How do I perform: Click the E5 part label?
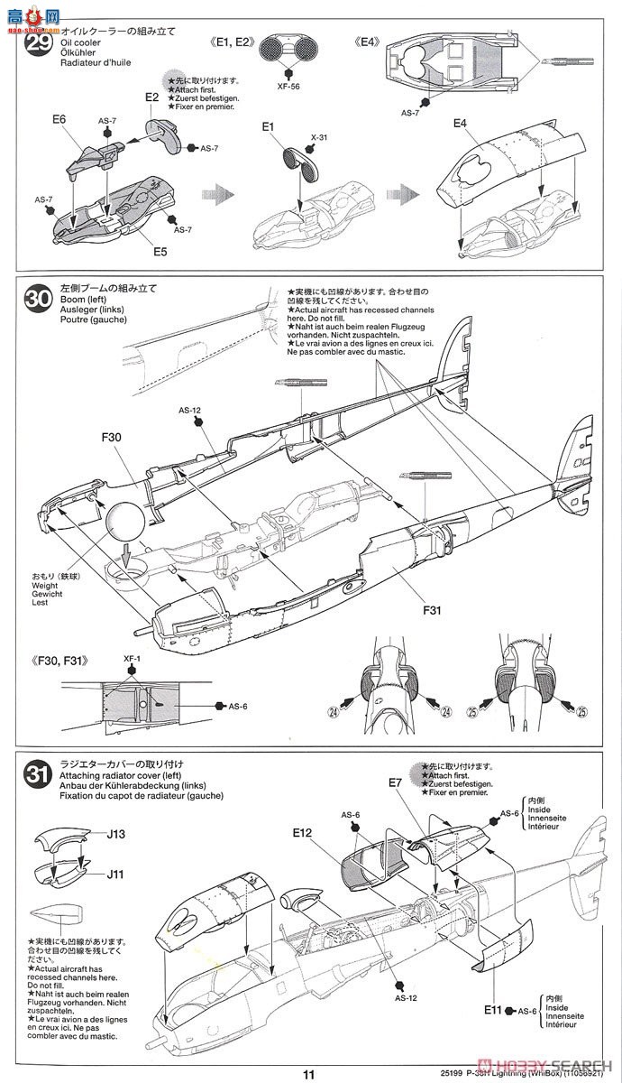click(x=159, y=252)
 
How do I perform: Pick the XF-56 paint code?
click(x=288, y=88)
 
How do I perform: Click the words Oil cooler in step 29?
click(x=80, y=42)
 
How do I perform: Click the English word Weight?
click(x=45, y=586)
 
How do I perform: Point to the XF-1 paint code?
click(x=133, y=660)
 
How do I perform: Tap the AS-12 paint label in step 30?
click(x=189, y=411)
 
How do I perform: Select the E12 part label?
click(x=302, y=831)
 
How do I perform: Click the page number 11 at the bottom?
click(x=309, y=1074)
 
